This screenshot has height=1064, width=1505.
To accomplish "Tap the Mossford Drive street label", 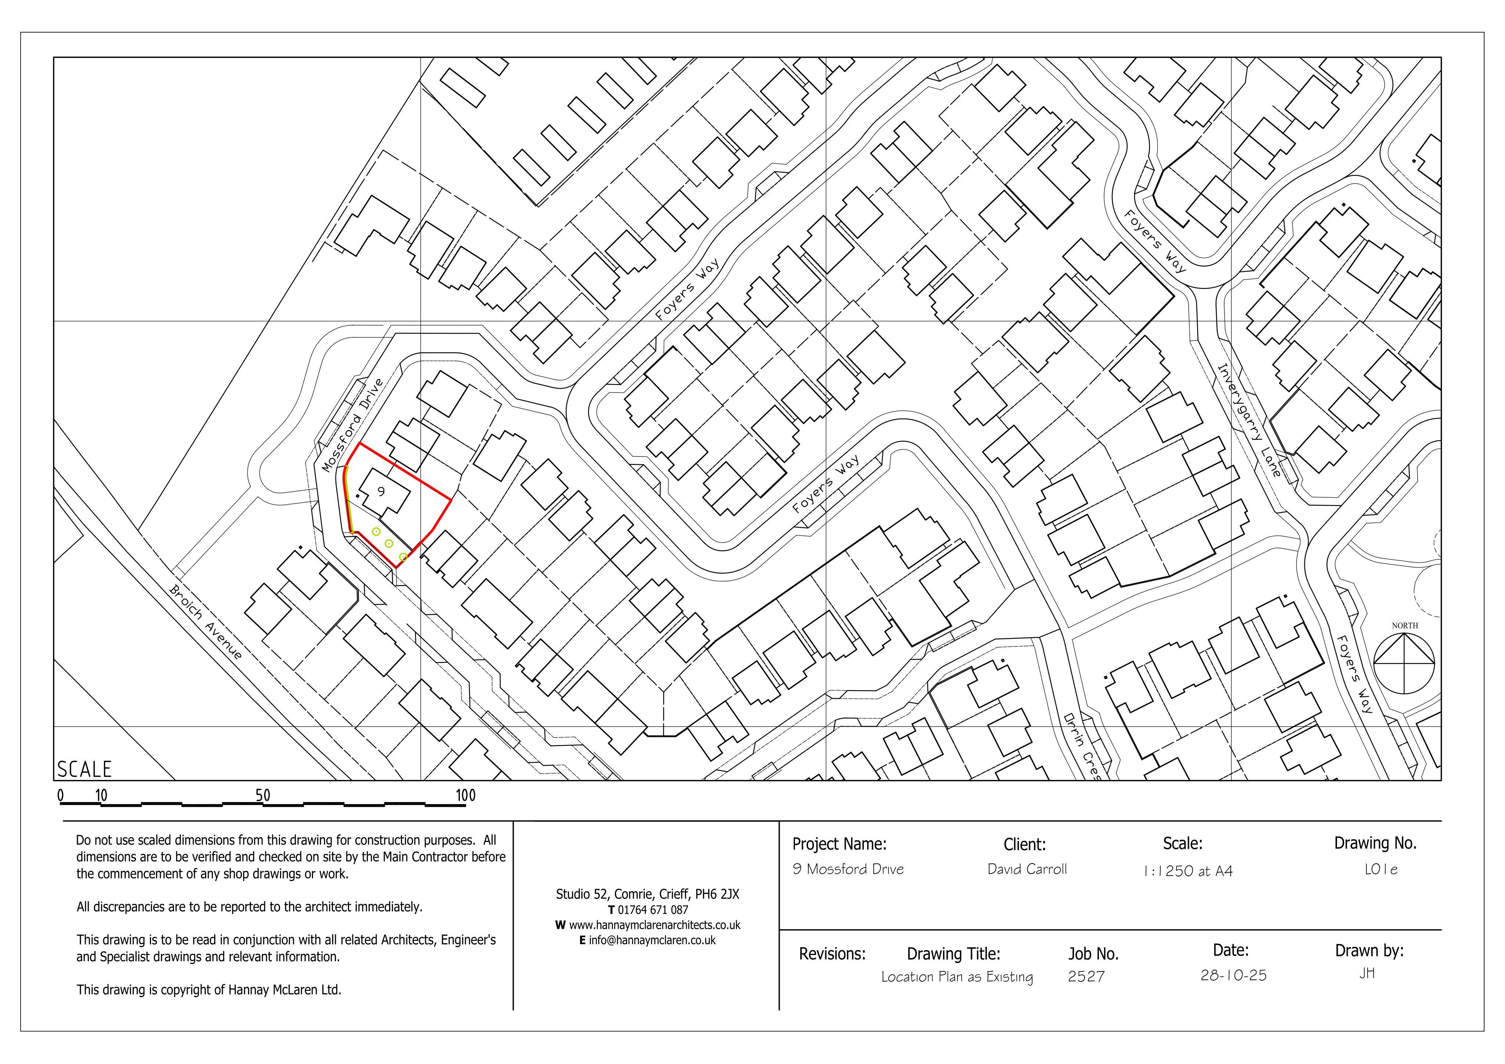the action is (x=353, y=425).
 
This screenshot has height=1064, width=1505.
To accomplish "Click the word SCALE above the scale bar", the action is (x=85, y=769).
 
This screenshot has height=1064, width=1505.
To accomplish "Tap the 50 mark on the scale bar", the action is (x=263, y=795).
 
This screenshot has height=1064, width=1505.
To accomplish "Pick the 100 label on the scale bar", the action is (x=466, y=796).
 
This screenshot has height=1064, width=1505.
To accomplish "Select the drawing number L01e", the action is (x=1381, y=869).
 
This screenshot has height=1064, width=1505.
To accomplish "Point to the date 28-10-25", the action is (x=1233, y=975).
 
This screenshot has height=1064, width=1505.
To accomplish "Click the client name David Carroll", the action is (x=1027, y=869).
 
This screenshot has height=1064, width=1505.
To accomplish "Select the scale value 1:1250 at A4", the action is (x=1188, y=871).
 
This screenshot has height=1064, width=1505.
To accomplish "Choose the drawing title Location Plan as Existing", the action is (x=957, y=977).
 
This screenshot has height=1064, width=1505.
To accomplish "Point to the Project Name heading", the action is (x=840, y=844).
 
